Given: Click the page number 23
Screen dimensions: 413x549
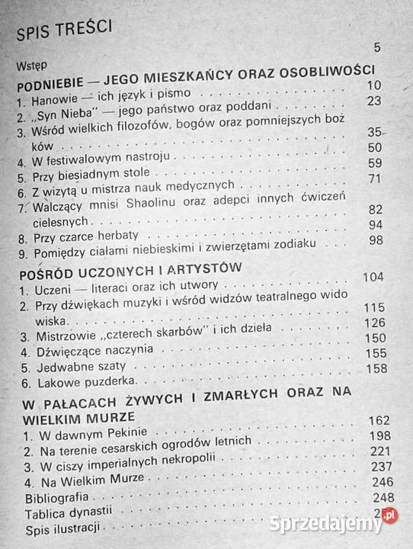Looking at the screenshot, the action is [373, 101].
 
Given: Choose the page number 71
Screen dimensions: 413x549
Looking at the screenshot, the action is [373, 179].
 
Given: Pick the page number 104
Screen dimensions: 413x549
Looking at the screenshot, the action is [373, 275].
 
